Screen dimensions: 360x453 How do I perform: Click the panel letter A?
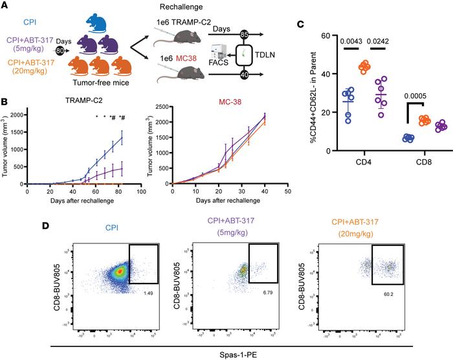(x=5, y=6)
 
